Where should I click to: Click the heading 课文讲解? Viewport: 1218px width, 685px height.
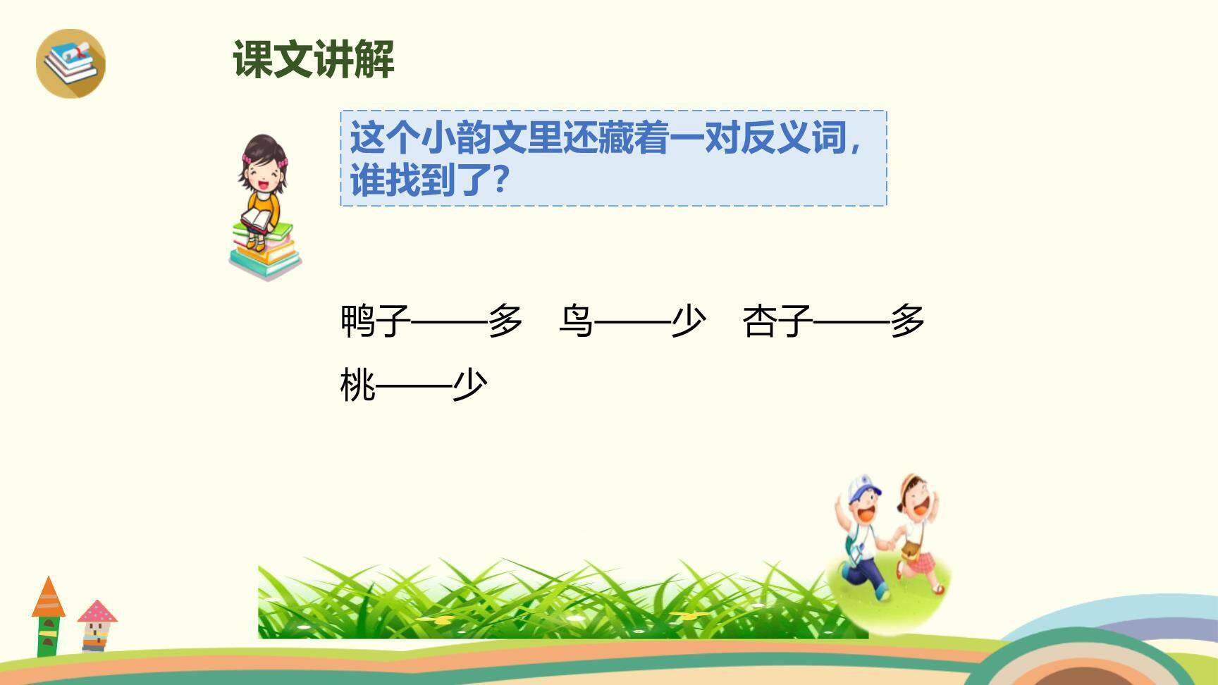pyautogui.click(x=314, y=59)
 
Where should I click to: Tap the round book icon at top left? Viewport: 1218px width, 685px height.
pyautogui.click(x=70, y=63)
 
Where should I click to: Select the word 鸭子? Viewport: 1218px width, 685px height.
pyautogui.click(x=375, y=321)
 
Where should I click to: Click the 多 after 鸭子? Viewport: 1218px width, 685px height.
pyautogui.click(x=505, y=321)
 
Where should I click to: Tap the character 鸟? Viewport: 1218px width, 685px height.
pyautogui.click(x=576, y=321)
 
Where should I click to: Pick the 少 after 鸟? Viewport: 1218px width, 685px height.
pyautogui.click(x=688, y=321)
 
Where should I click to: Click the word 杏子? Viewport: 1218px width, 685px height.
pyautogui.click(x=777, y=321)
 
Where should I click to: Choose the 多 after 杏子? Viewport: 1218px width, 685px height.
pyautogui.click(x=907, y=321)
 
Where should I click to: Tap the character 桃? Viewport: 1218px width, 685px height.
pyautogui.click(x=358, y=385)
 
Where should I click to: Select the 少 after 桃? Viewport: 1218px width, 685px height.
pyautogui.click(x=470, y=385)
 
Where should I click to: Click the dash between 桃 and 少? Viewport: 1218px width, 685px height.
pyautogui.click(x=414, y=385)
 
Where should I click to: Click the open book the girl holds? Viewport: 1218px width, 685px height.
pyautogui.click(x=258, y=221)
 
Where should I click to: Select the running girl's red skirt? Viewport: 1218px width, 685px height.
pyautogui.click(x=922, y=562)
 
